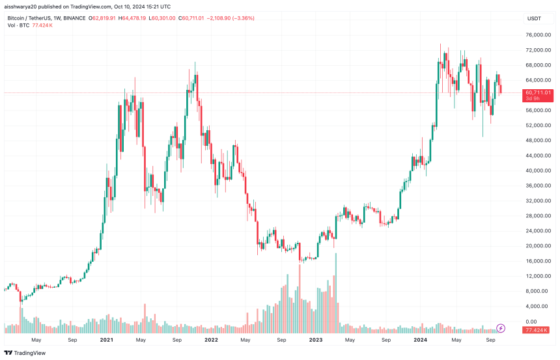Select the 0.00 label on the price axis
(531, 322)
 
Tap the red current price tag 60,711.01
(539, 92)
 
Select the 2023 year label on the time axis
(316, 340)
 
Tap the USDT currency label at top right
(533, 19)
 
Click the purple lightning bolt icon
(501, 327)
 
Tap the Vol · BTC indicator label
(18, 25)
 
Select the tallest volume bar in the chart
(336, 290)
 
